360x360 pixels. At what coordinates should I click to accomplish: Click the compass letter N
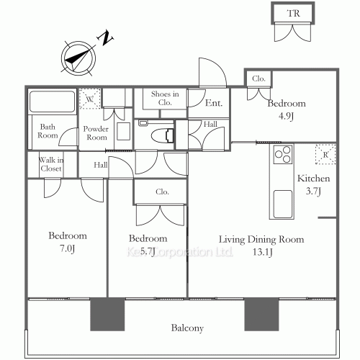click(x=105, y=37)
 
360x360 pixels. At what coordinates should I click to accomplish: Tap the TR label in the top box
click(x=293, y=13)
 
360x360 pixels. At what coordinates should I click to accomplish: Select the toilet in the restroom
click(x=163, y=135)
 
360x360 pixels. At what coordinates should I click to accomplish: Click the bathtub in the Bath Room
click(x=52, y=102)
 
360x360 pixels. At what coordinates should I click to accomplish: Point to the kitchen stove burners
click(x=283, y=155)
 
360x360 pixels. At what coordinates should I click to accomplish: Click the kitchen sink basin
click(x=283, y=204)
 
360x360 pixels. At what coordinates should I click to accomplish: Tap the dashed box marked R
click(x=325, y=154)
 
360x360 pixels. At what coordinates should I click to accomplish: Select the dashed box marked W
click(x=89, y=99)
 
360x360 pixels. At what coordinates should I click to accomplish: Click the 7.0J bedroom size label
click(x=68, y=248)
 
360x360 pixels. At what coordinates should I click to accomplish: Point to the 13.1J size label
click(x=263, y=252)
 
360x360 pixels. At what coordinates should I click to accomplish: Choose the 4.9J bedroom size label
click(x=286, y=116)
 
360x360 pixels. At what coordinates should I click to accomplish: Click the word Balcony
click(x=187, y=328)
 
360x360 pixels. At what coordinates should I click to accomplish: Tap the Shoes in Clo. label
click(x=165, y=98)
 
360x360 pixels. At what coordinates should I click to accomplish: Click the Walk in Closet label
click(x=51, y=164)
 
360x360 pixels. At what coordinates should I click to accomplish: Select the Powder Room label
click(x=96, y=133)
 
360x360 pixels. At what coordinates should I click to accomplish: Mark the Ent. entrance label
click(x=214, y=103)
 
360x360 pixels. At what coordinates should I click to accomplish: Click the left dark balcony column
click(x=107, y=315)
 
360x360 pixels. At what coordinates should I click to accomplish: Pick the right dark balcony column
click(x=261, y=315)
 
